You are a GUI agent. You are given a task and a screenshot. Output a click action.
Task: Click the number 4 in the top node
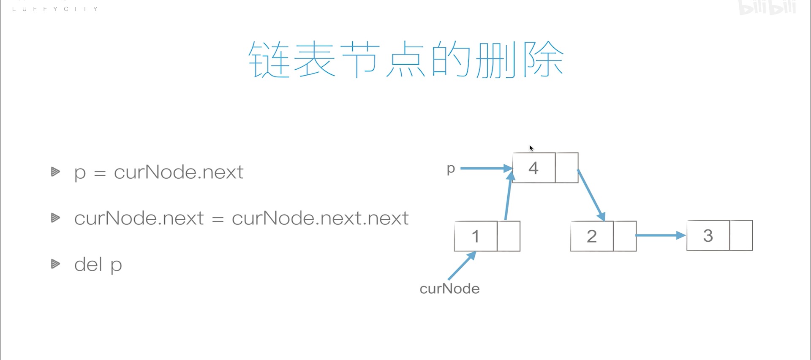pos(533,168)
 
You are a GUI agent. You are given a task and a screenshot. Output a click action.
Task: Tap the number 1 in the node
pos(476,236)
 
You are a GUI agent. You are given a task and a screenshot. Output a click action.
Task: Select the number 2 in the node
pos(592,236)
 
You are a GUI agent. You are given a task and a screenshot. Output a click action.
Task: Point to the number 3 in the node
pos(708,236)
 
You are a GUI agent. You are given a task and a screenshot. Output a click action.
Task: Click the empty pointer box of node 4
pos(567,168)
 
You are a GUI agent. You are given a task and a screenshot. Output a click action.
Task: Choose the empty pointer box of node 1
pos(509,236)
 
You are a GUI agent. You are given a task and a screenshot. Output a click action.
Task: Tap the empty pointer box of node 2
pos(625,236)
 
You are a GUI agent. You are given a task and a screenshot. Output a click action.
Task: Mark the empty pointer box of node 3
pos(741,236)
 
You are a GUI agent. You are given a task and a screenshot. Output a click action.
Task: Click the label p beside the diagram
pos(451,169)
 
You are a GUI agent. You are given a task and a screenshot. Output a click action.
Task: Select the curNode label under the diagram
pos(449,289)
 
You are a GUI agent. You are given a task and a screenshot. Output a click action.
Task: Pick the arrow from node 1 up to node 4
pos(508,196)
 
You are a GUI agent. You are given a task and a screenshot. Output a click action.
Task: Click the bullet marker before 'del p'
pos(55,264)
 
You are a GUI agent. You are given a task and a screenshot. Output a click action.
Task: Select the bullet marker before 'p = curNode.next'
pos(55,172)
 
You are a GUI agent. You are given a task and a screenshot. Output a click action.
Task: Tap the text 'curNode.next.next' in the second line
pos(320,218)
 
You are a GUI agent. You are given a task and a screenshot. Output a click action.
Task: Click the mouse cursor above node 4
pos(531,148)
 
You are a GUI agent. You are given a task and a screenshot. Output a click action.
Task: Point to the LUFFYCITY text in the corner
pos(55,9)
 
